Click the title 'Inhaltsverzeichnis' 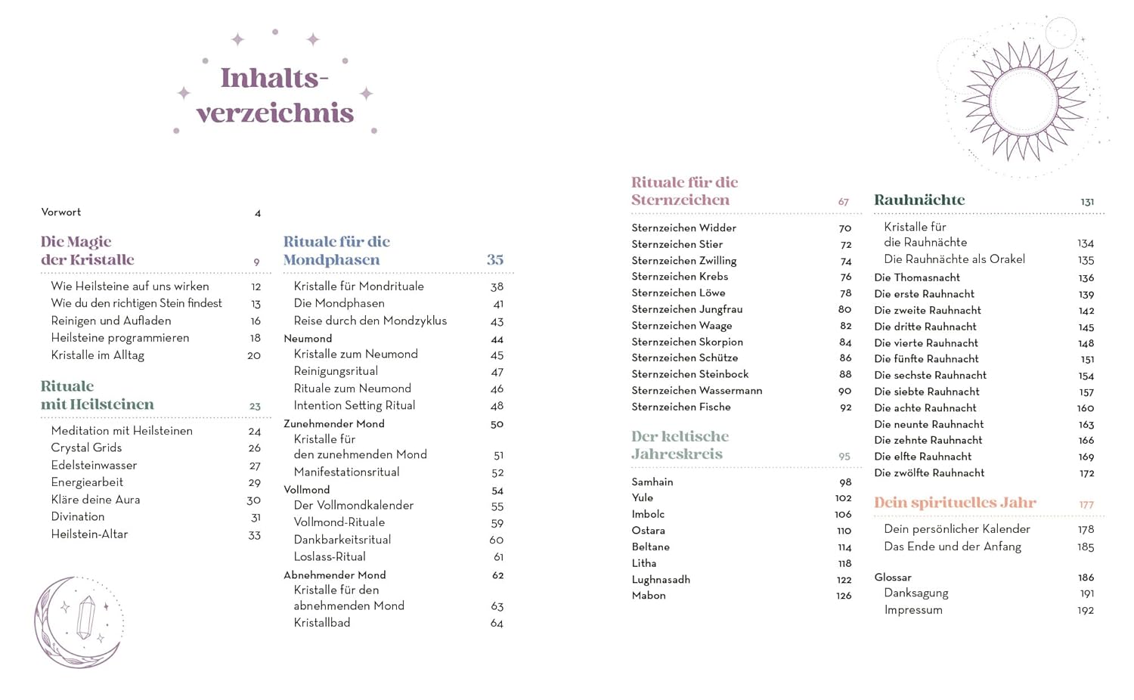275,95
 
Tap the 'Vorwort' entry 61,212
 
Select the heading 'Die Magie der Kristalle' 87,251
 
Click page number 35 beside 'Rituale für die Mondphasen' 495,260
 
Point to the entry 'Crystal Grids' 86,448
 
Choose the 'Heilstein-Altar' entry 89,534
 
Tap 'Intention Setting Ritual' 354,406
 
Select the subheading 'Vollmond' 306,490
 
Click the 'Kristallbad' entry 321,623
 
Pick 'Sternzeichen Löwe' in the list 678,293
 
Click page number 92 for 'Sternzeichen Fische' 845,407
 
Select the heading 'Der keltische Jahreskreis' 680,445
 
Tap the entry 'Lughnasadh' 661,580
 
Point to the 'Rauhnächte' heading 919,200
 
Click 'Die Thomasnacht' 916,278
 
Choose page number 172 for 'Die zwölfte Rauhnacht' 1086,474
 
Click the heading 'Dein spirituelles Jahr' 955,503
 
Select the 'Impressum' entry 913,610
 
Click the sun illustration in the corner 1024,101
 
